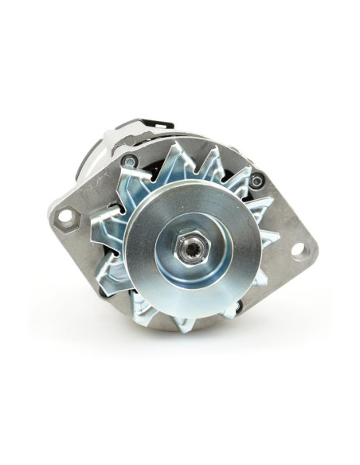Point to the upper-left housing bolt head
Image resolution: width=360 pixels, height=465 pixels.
tap(128, 162)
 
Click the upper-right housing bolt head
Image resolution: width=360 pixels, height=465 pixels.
tap(255, 181)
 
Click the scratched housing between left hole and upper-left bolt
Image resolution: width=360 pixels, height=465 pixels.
tap(92, 191)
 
